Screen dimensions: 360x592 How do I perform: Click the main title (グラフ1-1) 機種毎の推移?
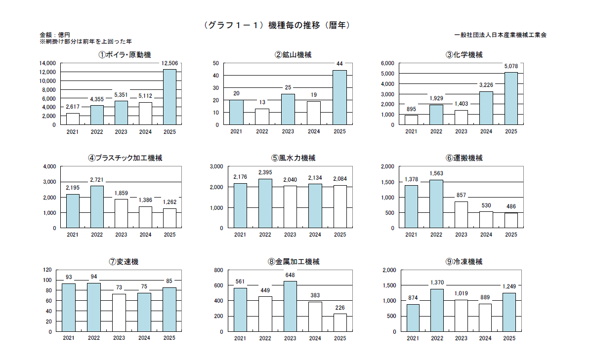tap(277, 25)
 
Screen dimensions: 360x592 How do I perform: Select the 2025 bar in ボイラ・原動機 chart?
tap(169, 97)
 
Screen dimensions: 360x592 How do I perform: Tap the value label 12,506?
tap(169, 63)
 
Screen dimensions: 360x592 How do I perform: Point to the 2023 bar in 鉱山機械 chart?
tap(288, 109)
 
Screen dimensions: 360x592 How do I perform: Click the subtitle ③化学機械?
tap(464, 55)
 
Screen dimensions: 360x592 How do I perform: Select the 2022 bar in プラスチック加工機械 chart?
tap(97, 207)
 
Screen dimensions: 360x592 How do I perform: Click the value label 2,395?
tap(265, 172)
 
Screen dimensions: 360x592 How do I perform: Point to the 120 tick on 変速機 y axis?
tap(47, 270)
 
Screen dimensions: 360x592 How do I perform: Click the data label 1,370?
tap(436, 282)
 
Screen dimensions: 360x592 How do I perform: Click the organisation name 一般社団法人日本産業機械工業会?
tap(500, 35)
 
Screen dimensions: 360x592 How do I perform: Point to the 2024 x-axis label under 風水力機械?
tap(315, 235)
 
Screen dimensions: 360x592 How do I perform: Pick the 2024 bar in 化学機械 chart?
tap(486, 108)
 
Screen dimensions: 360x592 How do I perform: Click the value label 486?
tap(511, 206)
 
